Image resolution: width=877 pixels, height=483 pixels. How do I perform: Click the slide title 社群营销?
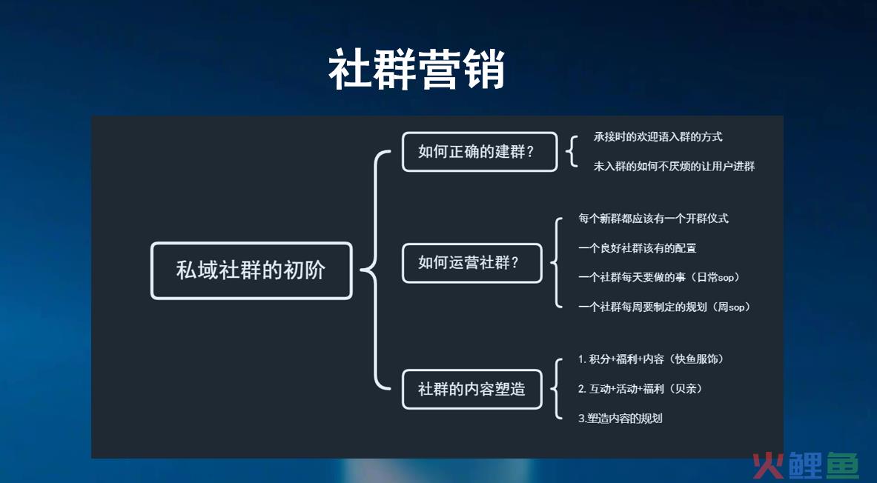(x=417, y=70)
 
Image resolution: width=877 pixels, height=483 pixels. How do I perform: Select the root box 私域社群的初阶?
(x=251, y=270)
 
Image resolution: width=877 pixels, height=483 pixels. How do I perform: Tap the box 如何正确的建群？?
(x=480, y=152)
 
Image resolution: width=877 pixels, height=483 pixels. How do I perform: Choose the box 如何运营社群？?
(x=472, y=263)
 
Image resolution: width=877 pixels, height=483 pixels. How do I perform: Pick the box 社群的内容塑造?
(x=472, y=389)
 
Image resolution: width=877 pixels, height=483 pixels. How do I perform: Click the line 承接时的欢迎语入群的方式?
(x=658, y=137)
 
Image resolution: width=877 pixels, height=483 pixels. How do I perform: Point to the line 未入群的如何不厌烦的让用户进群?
(x=674, y=166)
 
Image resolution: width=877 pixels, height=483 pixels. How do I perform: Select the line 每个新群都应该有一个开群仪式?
(x=653, y=219)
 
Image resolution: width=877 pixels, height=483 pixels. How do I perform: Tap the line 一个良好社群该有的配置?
(x=637, y=248)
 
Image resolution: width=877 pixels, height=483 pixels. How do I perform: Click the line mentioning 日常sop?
(x=659, y=277)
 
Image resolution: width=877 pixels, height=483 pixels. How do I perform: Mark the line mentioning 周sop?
(x=664, y=307)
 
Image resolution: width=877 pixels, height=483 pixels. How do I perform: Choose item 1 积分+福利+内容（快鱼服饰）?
(x=651, y=359)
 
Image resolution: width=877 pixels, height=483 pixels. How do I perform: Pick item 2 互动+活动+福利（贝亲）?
(x=640, y=388)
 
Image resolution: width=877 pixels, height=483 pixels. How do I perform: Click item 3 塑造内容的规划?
(x=620, y=418)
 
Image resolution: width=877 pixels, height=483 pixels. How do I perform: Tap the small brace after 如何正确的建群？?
(x=572, y=152)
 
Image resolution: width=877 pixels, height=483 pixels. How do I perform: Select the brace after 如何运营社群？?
(x=556, y=263)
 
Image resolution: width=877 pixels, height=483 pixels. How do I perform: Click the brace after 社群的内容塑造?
(x=556, y=389)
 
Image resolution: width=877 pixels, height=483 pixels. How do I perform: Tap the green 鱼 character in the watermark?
(x=842, y=465)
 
